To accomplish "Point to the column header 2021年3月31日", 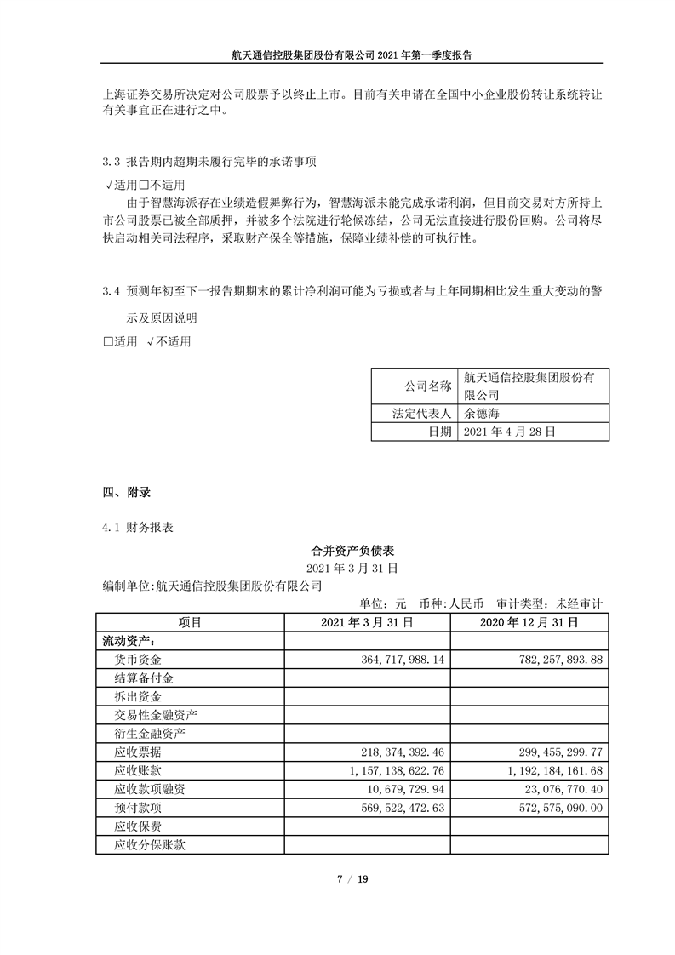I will (367, 622).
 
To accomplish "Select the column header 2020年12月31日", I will (530, 622).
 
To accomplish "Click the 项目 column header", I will (190, 622).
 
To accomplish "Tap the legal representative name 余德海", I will (483, 414).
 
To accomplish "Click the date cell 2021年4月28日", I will (510, 432).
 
